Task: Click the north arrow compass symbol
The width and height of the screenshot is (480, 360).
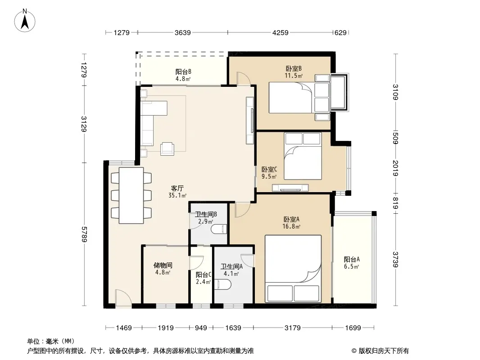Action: [x=25, y=20]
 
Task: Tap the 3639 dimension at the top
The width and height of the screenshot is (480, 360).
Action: [x=183, y=32]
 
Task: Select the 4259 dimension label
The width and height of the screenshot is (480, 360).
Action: [x=281, y=32]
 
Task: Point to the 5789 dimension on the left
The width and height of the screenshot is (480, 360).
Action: [x=84, y=234]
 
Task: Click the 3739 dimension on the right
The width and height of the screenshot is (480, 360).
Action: [x=396, y=259]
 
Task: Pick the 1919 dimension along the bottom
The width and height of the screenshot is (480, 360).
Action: [x=166, y=328]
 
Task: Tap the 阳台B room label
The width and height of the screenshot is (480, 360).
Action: [x=183, y=72]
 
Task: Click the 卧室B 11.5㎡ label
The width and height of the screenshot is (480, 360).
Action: [x=294, y=72]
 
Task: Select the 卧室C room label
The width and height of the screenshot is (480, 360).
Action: [x=269, y=169]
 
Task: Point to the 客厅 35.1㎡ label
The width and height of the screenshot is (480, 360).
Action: [x=177, y=192]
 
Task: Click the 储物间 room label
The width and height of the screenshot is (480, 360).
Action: [x=163, y=265]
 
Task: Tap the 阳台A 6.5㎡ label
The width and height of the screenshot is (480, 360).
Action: [x=352, y=263]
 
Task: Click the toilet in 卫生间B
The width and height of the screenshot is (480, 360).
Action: [x=219, y=229]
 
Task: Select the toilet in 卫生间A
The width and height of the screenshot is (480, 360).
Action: [x=223, y=284]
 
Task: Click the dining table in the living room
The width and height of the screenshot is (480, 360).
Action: [x=131, y=195]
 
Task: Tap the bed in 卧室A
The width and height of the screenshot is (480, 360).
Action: [x=293, y=269]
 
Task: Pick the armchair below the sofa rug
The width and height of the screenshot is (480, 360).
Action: [x=168, y=148]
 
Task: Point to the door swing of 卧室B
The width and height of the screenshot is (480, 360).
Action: [x=244, y=79]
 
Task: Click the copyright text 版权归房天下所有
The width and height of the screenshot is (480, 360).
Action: [x=384, y=351]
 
